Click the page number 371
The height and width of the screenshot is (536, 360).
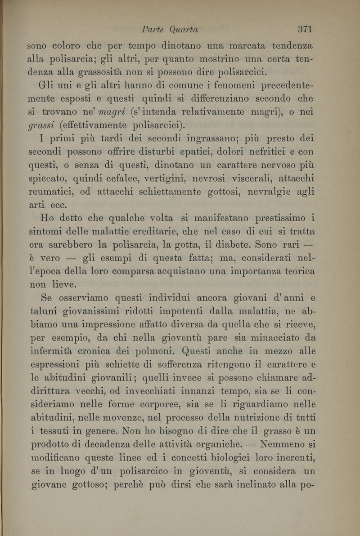305,30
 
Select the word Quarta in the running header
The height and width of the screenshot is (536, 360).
184,30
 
